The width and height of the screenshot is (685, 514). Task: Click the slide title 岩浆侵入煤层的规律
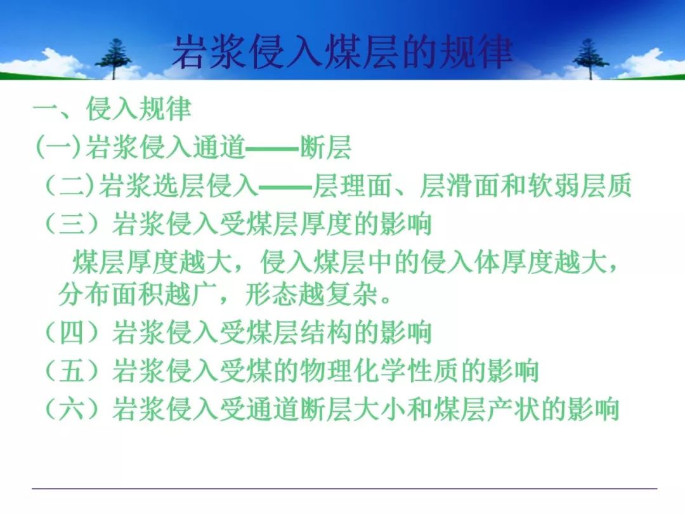click(342, 53)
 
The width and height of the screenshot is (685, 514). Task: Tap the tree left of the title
click(114, 58)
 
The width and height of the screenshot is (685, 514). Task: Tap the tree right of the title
click(590, 58)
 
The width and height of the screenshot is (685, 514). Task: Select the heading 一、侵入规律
click(113, 109)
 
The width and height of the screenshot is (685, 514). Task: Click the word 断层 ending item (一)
click(325, 147)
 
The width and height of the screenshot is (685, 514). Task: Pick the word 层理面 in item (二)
click(352, 185)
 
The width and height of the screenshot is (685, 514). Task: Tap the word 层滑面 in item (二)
click(460, 185)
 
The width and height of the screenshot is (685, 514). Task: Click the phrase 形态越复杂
click(311, 294)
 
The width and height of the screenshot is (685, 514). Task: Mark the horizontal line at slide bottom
click(344, 488)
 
